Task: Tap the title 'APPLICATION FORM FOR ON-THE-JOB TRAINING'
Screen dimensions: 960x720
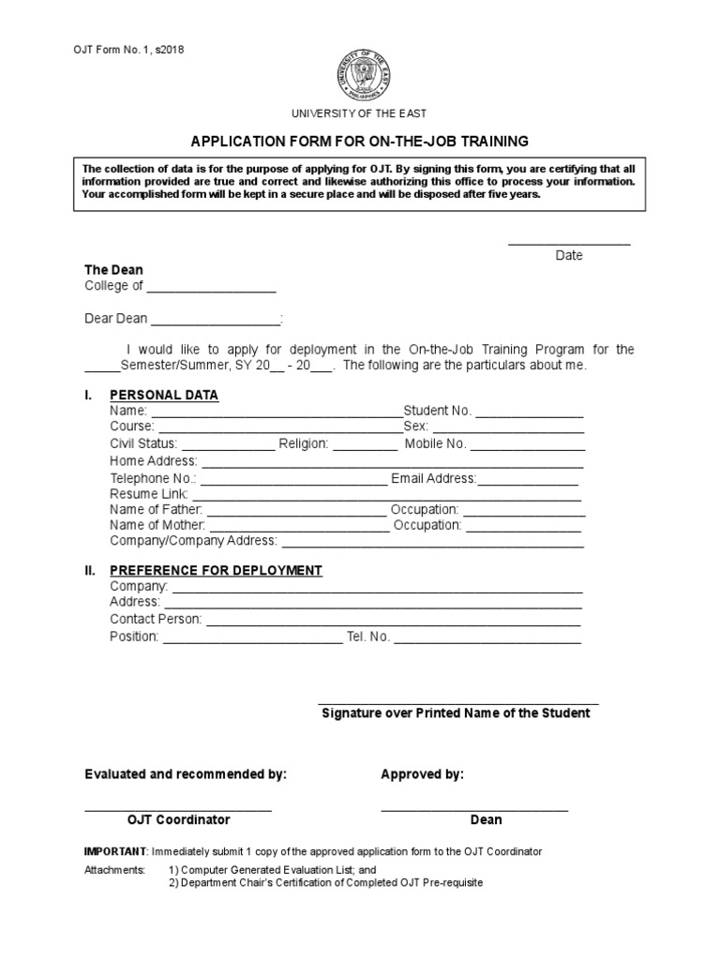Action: pyautogui.click(x=360, y=141)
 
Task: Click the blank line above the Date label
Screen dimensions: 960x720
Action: pyautogui.click(x=569, y=244)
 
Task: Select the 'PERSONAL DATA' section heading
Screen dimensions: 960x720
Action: pyautogui.click(x=164, y=395)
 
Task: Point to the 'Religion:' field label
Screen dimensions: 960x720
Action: pyautogui.click(x=303, y=444)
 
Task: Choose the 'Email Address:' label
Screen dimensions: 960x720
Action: pyautogui.click(x=434, y=478)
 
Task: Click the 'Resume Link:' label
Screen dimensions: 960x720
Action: pyautogui.click(x=149, y=494)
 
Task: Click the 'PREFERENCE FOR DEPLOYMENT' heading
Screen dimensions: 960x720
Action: pyautogui.click(x=217, y=570)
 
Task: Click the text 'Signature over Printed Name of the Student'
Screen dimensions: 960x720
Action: pyautogui.click(x=457, y=713)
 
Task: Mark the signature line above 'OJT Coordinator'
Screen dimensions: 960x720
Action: pyautogui.click(x=178, y=809)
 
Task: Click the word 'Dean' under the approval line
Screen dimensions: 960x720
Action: pyautogui.click(x=486, y=819)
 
